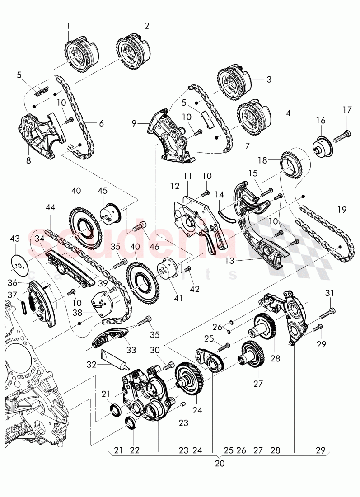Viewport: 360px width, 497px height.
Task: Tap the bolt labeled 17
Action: (342, 135)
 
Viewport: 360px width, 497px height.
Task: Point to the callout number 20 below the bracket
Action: (220, 463)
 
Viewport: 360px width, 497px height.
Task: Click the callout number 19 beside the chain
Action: (342, 210)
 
